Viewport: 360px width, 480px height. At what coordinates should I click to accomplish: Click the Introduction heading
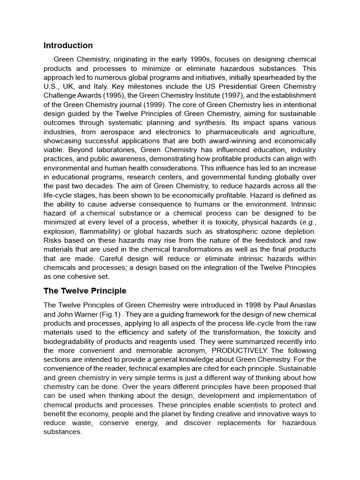click(68, 45)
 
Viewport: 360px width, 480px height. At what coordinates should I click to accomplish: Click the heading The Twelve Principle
click(85, 291)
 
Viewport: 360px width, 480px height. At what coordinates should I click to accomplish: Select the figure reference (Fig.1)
click(105, 314)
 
